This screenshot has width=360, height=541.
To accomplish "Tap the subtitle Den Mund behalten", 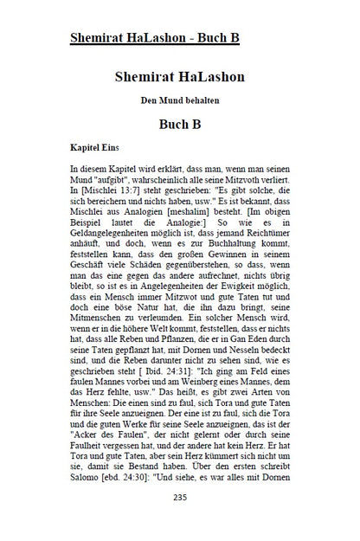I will pyautogui.click(x=180, y=101).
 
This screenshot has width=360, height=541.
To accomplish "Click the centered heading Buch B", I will pyautogui.click(x=180, y=124).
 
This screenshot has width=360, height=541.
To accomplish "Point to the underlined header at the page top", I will pyautogui.click(x=154, y=38).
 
